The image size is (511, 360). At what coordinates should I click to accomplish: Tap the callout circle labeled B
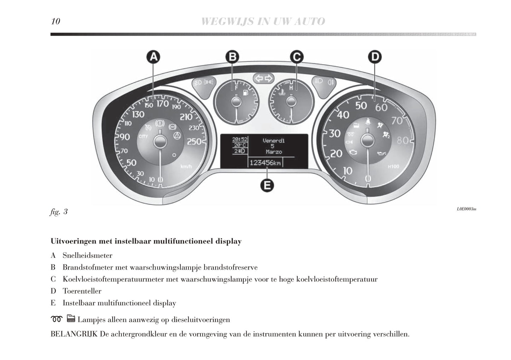click(232, 57)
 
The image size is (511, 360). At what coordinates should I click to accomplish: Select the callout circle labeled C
click(297, 57)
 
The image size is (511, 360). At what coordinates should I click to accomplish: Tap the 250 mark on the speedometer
click(194, 142)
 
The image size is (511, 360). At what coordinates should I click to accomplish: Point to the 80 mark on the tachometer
click(403, 140)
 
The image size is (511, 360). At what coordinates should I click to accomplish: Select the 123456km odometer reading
click(265, 163)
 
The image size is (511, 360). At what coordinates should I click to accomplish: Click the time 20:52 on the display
click(240, 140)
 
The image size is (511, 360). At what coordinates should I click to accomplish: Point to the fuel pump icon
click(244, 94)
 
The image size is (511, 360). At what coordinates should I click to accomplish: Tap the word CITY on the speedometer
click(144, 136)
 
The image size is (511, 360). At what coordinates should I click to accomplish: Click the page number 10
click(56, 22)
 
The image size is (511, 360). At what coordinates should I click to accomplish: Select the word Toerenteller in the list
click(82, 291)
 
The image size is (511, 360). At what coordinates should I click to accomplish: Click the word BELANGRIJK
click(74, 334)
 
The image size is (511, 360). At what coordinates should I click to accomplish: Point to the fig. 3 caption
click(59, 212)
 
